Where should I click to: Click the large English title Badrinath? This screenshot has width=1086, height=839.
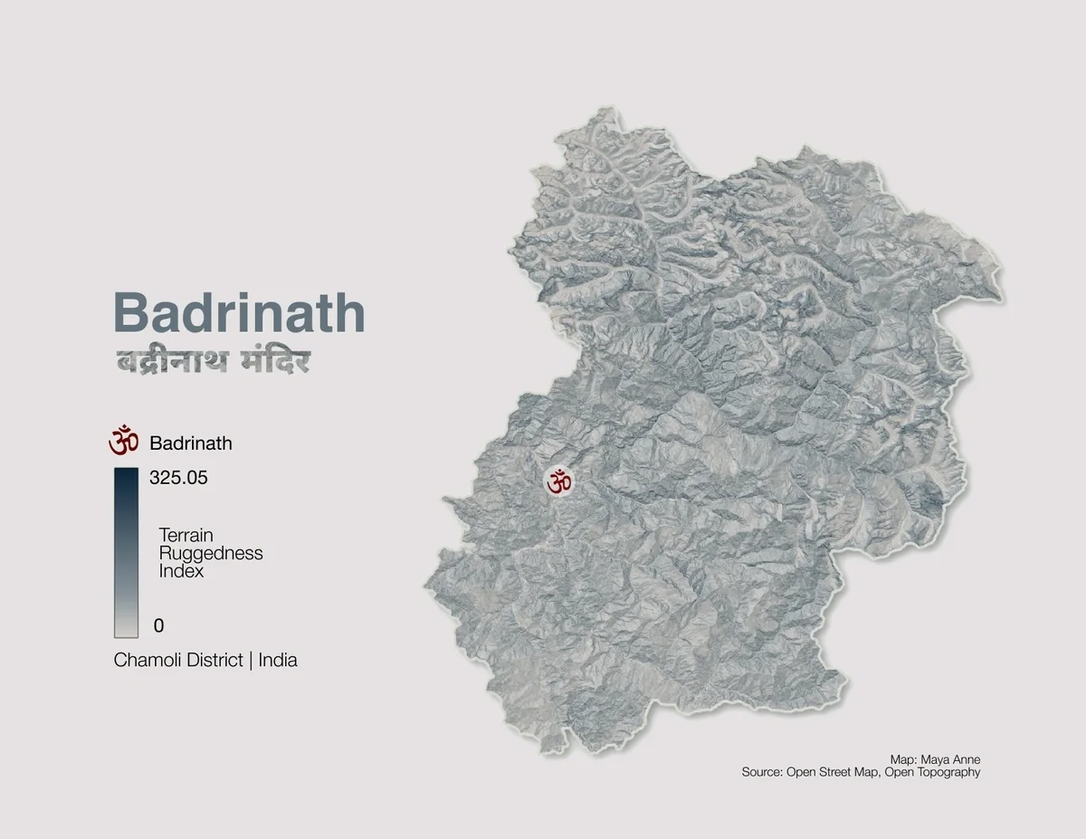(239, 312)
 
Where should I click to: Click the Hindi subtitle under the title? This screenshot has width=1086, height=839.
(213, 360)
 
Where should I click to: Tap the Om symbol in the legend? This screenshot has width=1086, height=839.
(124, 443)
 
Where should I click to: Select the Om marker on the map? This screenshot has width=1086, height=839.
(558, 481)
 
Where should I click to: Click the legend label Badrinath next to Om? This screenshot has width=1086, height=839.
(191, 443)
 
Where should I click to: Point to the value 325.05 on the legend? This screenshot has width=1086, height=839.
(178, 478)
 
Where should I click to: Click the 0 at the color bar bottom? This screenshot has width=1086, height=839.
(158, 625)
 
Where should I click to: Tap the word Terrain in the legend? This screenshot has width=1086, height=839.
(186, 535)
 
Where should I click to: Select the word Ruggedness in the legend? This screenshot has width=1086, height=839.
(210, 553)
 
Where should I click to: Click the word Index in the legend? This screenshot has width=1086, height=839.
(181, 571)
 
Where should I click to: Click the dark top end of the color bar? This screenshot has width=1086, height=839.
(126, 476)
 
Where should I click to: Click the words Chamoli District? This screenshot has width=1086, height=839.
(178, 661)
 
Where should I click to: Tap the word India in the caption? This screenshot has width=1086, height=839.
(278, 661)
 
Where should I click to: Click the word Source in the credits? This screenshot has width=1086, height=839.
(761, 773)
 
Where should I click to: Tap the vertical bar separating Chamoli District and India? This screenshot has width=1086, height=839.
(251, 661)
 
